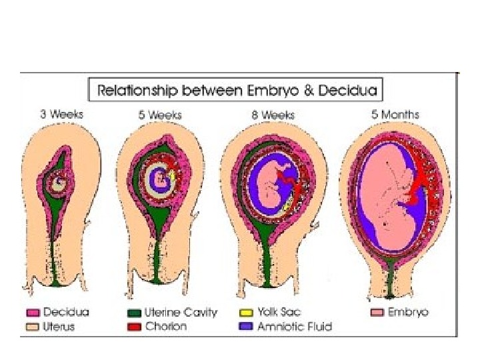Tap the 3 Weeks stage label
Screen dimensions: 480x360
coord(61,115)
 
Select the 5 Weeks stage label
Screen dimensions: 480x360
coord(160,115)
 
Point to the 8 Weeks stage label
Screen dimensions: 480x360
coord(275,115)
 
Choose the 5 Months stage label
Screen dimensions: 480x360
coord(395,115)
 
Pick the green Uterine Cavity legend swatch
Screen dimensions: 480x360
coord(133,313)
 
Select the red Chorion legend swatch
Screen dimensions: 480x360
coord(133,327)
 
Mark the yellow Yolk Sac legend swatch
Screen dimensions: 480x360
coord(246,313)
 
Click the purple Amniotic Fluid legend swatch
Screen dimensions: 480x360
coord(246,327)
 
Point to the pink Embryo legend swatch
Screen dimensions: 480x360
coord(377,313)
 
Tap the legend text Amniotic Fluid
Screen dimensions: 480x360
coord(294,327)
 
